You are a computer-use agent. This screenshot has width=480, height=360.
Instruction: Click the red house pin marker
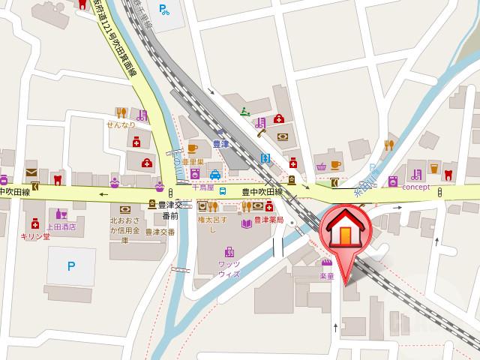click(x=344, y=232)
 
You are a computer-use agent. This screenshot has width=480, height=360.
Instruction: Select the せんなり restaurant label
click(x=121, y=124)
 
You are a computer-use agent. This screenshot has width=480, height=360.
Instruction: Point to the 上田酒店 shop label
click(x=61, y=226)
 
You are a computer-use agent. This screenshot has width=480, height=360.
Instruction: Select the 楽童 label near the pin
click(x=326, y=275)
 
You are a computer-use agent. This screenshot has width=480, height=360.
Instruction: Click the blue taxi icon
click(x=214, y=174)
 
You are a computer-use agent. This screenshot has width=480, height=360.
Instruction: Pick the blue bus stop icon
click(x=223, y=190)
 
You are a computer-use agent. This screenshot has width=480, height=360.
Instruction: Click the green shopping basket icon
click(x=322, y=166)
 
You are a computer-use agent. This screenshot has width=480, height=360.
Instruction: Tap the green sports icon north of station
click(x=244, y=112)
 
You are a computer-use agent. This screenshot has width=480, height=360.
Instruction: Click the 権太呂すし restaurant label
click(x=211, y=226)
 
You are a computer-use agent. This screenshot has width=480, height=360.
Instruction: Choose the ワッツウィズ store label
click(x=229, y=268)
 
